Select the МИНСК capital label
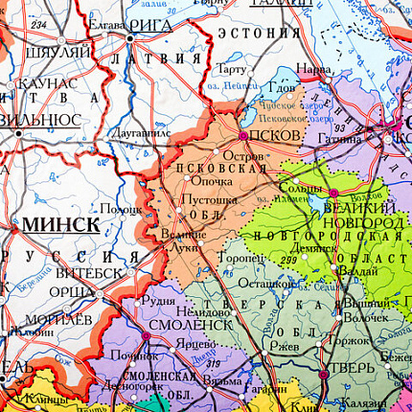point(60,223)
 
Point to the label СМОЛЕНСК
point(192,325)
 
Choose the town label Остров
point(241,155)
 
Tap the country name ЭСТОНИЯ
point(256,33)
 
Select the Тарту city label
point(231,70)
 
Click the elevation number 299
point(286,260)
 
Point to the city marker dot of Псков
point(243,136)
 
